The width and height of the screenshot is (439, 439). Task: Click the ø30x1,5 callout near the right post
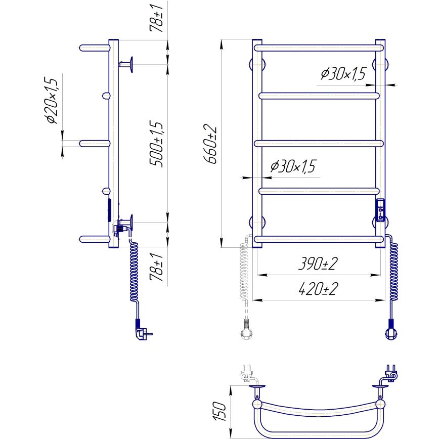coord(342,74)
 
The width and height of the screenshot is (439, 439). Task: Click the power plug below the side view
coord(141,332)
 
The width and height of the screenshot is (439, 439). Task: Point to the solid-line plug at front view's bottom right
coord(391,330)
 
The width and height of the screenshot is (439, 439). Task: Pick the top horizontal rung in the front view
coord(319,48)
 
